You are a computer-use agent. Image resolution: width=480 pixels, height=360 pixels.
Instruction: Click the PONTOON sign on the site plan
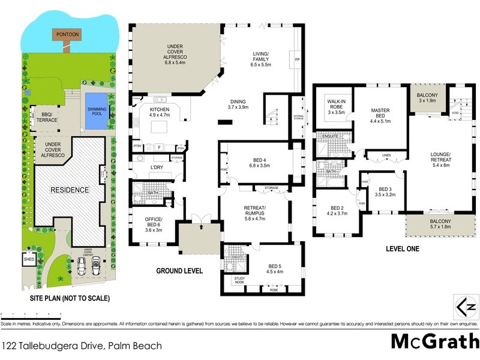click(67, 34)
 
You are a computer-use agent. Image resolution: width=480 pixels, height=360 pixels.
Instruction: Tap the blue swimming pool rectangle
click(97, 111)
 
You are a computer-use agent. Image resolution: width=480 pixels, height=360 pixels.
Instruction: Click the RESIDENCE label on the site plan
click(69, 190)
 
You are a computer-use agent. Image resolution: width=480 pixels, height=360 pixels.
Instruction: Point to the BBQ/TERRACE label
click(47, 117)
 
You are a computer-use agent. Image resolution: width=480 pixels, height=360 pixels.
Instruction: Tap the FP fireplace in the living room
click(296, 60)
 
